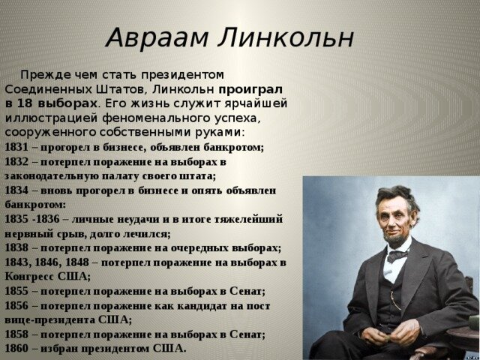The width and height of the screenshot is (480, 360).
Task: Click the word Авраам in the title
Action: (x=157, y=38)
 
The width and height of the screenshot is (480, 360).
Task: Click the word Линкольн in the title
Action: (x=286, y=38)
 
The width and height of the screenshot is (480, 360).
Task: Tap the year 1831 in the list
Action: (x=16, y=148)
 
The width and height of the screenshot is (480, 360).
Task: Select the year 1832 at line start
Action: (x=16, y=162)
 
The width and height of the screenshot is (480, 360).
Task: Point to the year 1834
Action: (x=16, y=190)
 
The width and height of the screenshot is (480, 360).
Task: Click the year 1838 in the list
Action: (x=16, y=248)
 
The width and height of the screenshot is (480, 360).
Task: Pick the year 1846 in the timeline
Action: (x=47, y=262)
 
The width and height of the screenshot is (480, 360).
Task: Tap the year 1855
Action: (x=16, y=291)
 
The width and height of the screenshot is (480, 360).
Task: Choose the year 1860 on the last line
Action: (x=16, y=348)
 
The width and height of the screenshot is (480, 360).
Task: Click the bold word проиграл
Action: (x=250, y=90)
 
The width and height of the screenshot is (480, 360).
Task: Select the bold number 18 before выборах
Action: (x=25, y=103)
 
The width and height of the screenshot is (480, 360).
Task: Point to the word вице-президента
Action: (x=50, y=320)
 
